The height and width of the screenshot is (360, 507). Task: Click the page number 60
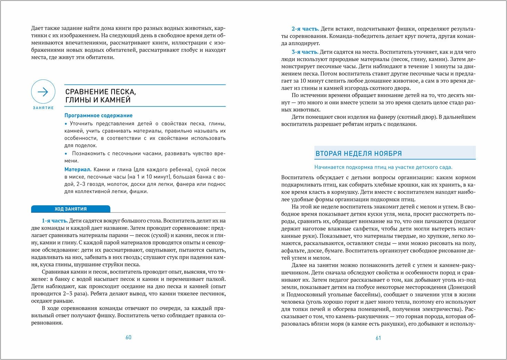tap(128, 337)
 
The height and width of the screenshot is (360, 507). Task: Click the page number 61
tap(378, 338)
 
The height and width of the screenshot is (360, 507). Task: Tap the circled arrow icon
tap(43, 92)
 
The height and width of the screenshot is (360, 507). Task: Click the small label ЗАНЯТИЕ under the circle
tap(43, 108)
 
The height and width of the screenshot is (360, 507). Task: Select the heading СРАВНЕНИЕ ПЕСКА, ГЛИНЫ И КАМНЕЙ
tap(101, 96)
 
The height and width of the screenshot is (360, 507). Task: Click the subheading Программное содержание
tap(98, 115)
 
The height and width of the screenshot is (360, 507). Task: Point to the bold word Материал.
tap(78, 169)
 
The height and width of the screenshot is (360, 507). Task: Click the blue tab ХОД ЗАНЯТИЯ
tap(71, 209)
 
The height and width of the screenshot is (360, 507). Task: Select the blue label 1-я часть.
tap(55, 220)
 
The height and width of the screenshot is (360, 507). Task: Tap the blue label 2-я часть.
tap(305, 29)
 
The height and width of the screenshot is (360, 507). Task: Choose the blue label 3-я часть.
tap(305, 52)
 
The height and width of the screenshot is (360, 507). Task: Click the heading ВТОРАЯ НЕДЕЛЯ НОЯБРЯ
tap(358, 153)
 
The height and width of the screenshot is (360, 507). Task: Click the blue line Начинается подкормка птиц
tap(383, 167)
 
